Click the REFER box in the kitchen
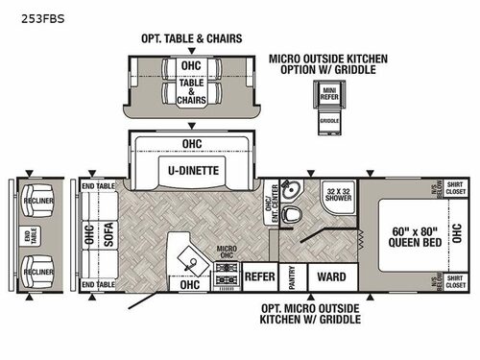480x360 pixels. point(260,276)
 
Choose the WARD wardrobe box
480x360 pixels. point(331,277)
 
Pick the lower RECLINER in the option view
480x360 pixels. point(39,266)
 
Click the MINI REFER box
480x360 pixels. point(329,95)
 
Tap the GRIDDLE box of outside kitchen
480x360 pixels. point(329,122)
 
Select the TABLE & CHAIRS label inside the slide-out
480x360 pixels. point(191,91)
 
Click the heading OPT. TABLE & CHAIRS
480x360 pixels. point(190,38)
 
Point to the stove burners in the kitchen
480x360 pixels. point(228,277)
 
